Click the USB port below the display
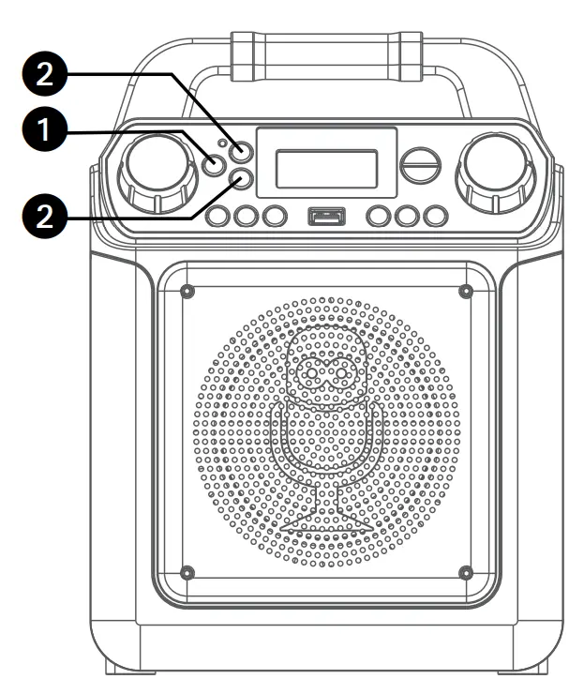(x=325, y=217)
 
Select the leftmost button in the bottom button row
(x=217, y=217)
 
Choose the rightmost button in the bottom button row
(x=434, y=217)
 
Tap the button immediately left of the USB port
(x=273, y=217)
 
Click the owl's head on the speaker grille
(x=326, y=372)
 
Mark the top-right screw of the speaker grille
(x=465, y=292)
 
